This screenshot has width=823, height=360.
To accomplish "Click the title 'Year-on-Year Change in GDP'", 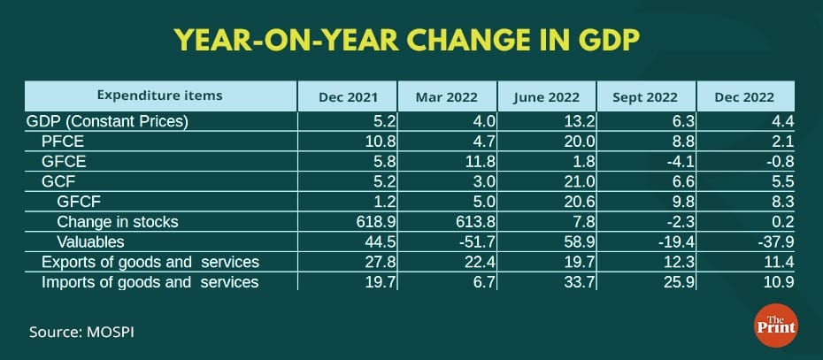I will point(411,41).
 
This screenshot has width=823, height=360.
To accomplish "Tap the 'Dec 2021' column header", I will point(347,96).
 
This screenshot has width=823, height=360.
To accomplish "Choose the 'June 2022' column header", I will point(547,96).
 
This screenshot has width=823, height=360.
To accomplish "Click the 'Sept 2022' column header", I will point(647,96).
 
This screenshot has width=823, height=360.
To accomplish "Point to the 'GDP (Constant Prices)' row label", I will point(109,121).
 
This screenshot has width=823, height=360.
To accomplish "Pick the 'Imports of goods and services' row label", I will point(150,282).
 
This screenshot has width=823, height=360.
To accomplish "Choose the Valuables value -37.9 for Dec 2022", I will point(764,241).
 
